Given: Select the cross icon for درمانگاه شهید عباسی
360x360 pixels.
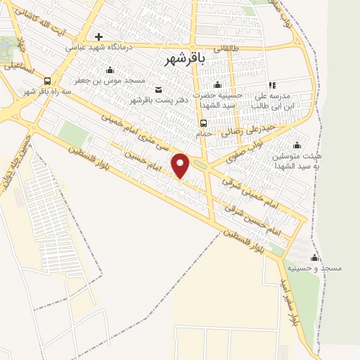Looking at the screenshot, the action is pyautogui.click(x=98, y=37).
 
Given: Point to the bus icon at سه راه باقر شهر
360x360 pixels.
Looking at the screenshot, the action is pyautogui.click(x=47, y=80).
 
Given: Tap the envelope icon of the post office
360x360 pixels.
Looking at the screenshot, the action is pyautogui.click(x=157, y=89).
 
